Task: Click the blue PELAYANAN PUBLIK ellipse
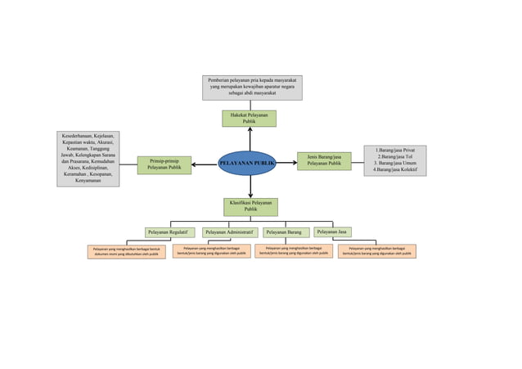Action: tap(246, 163)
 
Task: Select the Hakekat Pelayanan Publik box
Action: tap(249, 119)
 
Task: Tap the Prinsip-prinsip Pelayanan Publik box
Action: tap(164, 164)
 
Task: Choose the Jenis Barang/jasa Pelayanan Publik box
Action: tap(324, 160)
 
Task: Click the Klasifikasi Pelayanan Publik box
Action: tap(250, 206)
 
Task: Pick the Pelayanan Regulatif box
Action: tap(169, 232)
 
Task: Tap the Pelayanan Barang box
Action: tap(284, 232)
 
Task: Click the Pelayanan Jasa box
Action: tap(332, 232)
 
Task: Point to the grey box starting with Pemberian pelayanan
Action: tap(252, 88)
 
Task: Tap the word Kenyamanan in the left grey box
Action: tap(88, 181)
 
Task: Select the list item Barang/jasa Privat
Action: tap(395, 151)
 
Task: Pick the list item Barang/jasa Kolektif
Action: tap(395, 169)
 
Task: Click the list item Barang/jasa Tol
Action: tap(395, 157)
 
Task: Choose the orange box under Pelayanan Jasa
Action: tap(377, 251)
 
